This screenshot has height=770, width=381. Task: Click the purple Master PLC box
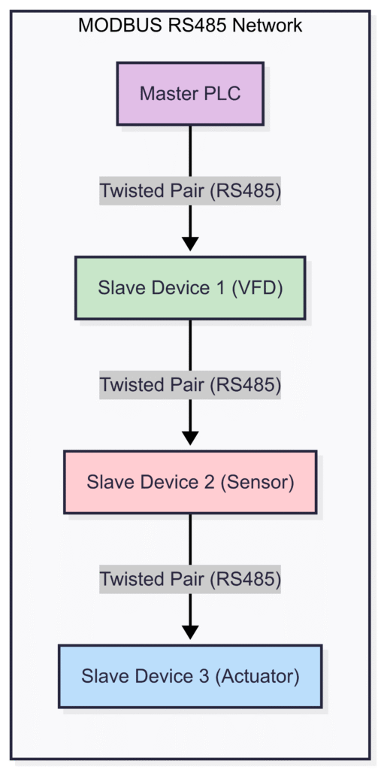point(190,94)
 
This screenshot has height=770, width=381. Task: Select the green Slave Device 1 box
point(190,288)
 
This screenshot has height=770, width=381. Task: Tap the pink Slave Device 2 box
point(190,482)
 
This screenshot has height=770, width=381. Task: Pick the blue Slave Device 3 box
point(190,676)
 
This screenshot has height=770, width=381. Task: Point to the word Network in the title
point(268,26)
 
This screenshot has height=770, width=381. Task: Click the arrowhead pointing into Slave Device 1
point(190,244)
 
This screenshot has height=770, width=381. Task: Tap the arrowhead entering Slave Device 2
point(190,438)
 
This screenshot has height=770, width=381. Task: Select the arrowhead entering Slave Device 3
point(190,632)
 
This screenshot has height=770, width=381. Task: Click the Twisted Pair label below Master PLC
point(190,191)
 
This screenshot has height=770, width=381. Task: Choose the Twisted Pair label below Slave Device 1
point(190,385)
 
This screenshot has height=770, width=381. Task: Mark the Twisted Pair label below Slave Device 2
point(190,579)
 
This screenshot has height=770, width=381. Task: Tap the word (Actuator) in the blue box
point(257,676)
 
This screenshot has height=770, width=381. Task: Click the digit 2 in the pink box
point(208,482)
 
